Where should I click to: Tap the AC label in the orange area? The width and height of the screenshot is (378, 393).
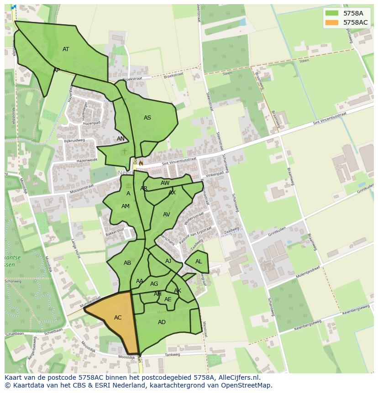tap(118, 318)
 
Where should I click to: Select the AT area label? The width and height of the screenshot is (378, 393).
tap(66, 49)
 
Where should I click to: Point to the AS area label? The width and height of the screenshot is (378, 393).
tap(147, 118)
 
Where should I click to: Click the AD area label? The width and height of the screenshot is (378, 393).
tap(162, 322)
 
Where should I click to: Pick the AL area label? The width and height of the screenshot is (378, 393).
tap(199, 262)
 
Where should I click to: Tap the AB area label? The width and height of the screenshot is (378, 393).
tap(127, 263)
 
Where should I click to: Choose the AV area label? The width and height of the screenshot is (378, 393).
tap(167, 215)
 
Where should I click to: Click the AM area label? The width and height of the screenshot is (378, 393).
tap(126, 206)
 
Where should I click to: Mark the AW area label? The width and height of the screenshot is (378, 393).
tap(165, 183)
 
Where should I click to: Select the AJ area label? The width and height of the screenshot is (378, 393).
tap(168, 261)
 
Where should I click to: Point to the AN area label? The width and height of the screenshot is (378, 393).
tap(121, 139)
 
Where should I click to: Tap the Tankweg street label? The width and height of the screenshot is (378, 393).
tap(173, 355)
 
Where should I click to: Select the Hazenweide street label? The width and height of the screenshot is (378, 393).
tap(87, 161)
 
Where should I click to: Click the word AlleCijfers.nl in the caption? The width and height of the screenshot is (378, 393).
tap(237, 377)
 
